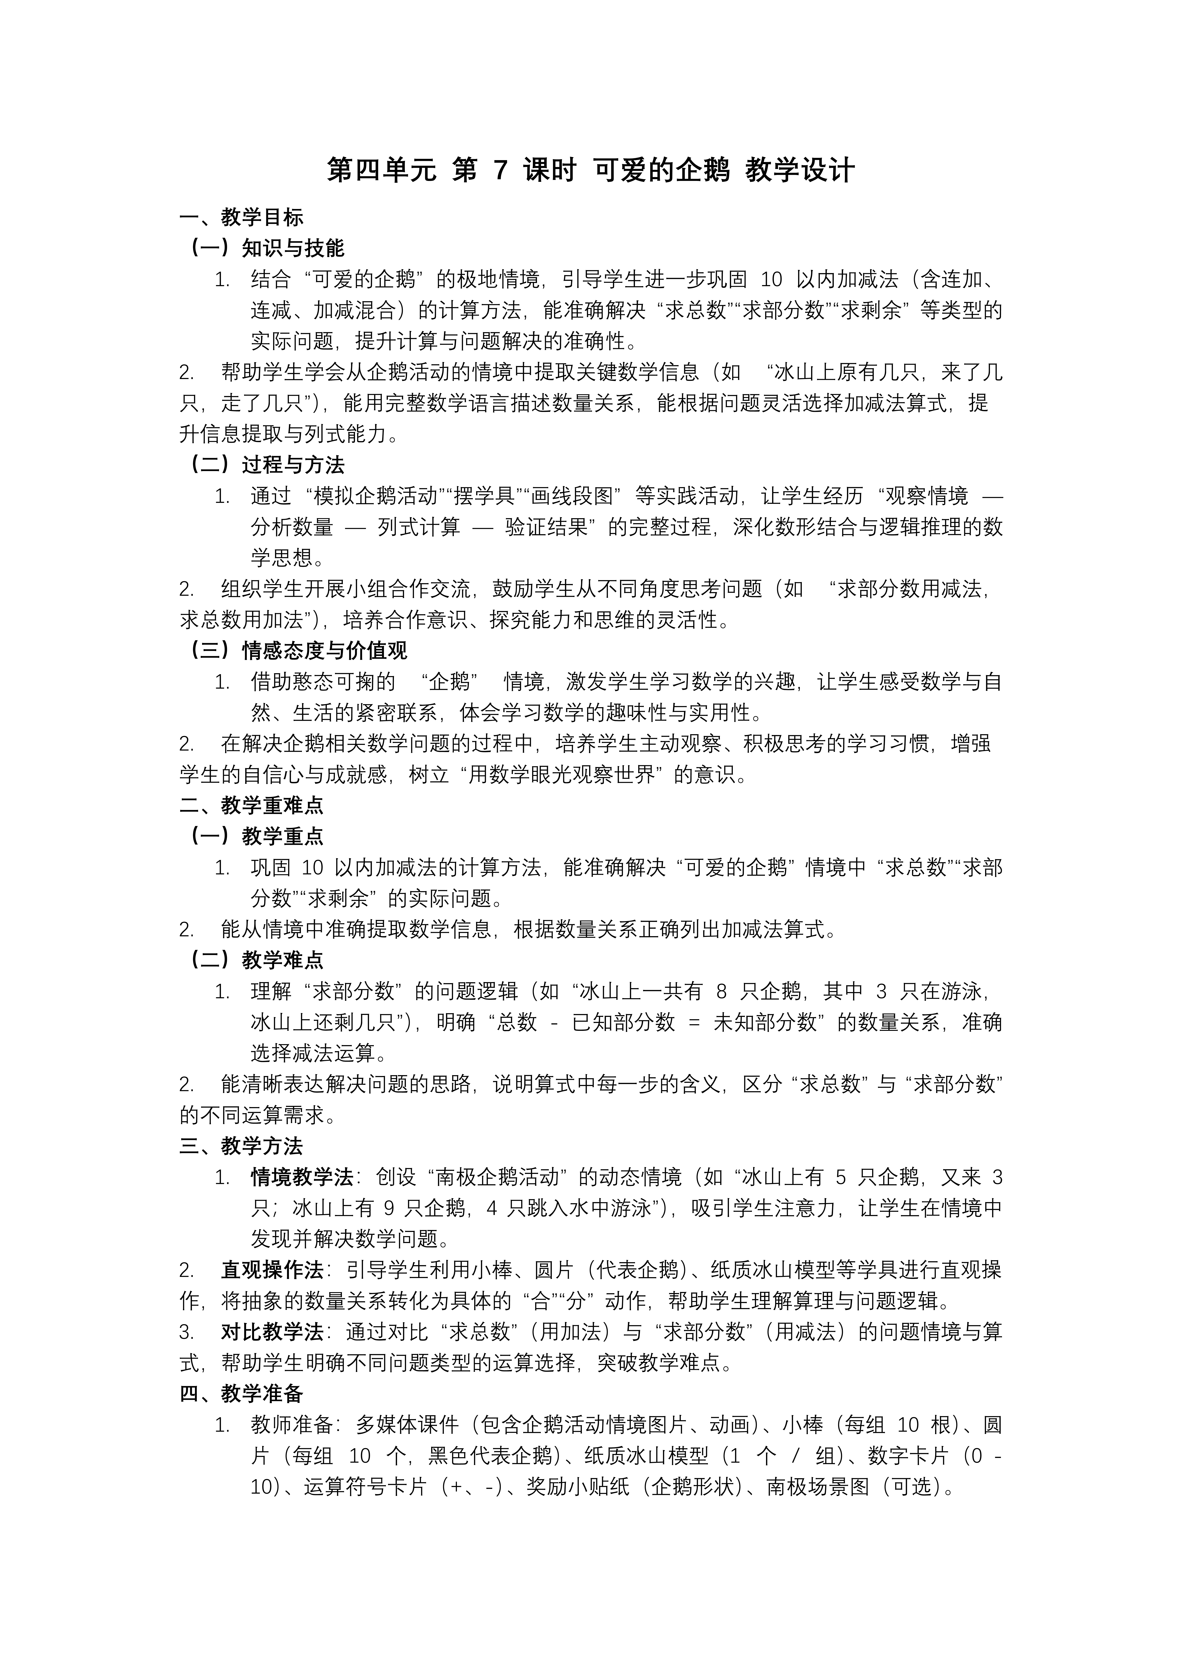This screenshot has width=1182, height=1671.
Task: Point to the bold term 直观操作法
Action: click(272, 1271)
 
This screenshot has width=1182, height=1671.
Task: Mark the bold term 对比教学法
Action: click(272, 1333)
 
